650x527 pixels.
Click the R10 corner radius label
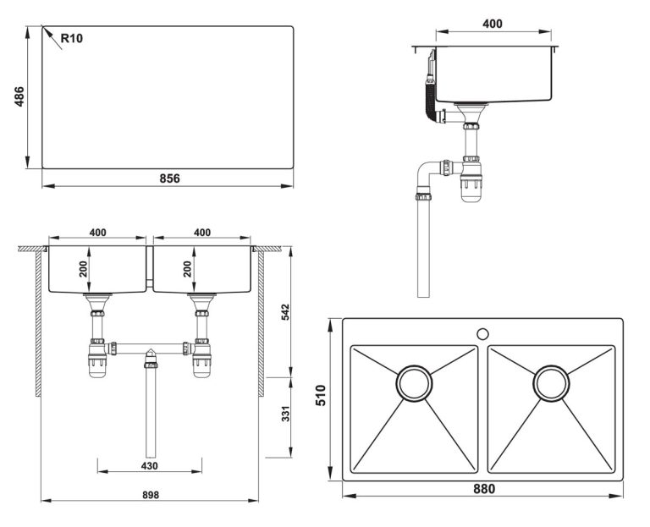(x=72, y=37)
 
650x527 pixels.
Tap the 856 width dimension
(x=169, y=178)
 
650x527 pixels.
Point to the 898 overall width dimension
(x=149, y=494)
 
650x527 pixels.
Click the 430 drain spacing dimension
(x=149, y=466)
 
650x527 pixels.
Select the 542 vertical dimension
(x=286, y=310)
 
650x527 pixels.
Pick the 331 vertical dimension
(x=286, y=414)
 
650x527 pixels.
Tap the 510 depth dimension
(x=320, y=396)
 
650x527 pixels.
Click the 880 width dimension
(x=482, y=488)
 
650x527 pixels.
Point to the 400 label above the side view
(x=493, y=24)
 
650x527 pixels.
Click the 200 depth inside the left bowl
(x=83, y=268)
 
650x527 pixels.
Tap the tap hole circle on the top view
(x=482, y=334)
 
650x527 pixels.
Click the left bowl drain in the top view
(x=414, y=383)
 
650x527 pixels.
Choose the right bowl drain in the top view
(x=551, y=383)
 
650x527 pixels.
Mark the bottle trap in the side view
(x=470, y=179)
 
